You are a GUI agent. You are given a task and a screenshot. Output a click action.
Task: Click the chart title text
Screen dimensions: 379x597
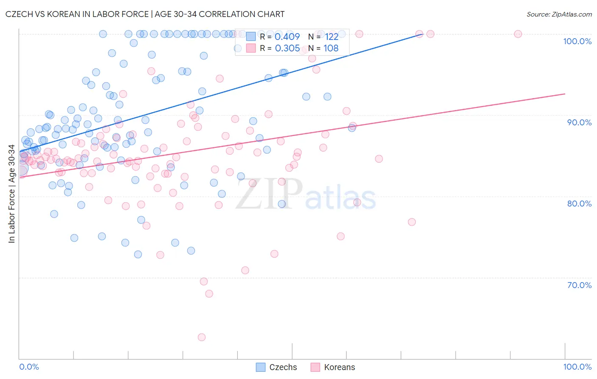pyautogui.click(x=145, y=14)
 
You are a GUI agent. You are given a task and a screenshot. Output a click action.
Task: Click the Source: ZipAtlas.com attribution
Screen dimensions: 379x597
pyautogui.click(x=559, y=14)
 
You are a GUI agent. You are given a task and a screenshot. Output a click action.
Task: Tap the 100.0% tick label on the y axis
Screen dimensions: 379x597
pyautogui.click(x=577, y=41)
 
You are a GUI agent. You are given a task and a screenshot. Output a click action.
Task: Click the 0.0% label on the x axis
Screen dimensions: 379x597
pyautogui.click(x=29, y=367)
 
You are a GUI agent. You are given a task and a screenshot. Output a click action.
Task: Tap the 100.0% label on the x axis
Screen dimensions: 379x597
pyautogui.click(x=577, y=367)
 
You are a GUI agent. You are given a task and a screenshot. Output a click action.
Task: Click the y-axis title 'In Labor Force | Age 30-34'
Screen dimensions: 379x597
pyautogui.click(x=12, y=194)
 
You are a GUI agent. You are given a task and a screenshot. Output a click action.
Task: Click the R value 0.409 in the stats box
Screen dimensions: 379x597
pyautogui.click(x=287, y=37)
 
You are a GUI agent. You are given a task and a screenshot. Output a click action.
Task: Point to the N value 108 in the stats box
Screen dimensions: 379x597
pyautogui.click(x=331, y=48)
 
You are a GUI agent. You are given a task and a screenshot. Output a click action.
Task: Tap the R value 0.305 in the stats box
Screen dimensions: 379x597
pyautogui.click(x=287, y=48)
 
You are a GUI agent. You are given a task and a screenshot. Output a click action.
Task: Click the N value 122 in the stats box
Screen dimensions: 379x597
pyautogui.click(x=331, y=37)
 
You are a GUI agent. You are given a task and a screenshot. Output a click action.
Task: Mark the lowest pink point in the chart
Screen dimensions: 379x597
pyautogui.click(x=202, y=337)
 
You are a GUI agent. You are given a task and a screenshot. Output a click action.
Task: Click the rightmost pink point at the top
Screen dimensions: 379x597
pyautogui.click(x=518, y=34)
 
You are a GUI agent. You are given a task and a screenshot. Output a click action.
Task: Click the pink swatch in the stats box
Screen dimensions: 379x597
pyautogui.click(x=251, y=48)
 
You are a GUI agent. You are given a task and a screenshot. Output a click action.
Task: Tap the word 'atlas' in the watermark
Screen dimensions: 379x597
pyautogui.click(x=341, y=197)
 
